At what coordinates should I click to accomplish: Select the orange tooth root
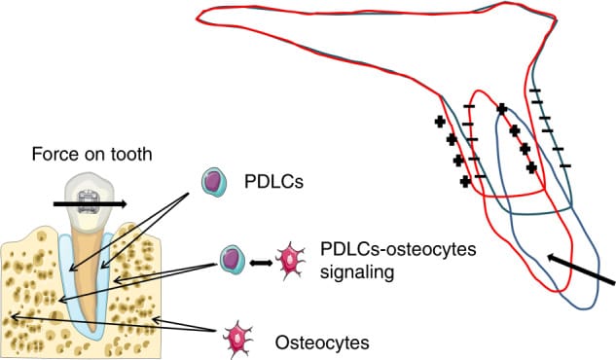tap(88, 282)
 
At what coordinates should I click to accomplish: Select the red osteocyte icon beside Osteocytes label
tap(237, 342)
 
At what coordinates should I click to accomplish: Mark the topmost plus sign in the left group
tap(440, 122)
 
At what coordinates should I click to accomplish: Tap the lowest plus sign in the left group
tap(466, 180)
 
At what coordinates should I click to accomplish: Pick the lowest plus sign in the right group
tap(531, 167)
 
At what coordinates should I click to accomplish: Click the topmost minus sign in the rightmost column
tap(534, 92)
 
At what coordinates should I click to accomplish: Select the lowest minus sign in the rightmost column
tap(565, 165)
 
